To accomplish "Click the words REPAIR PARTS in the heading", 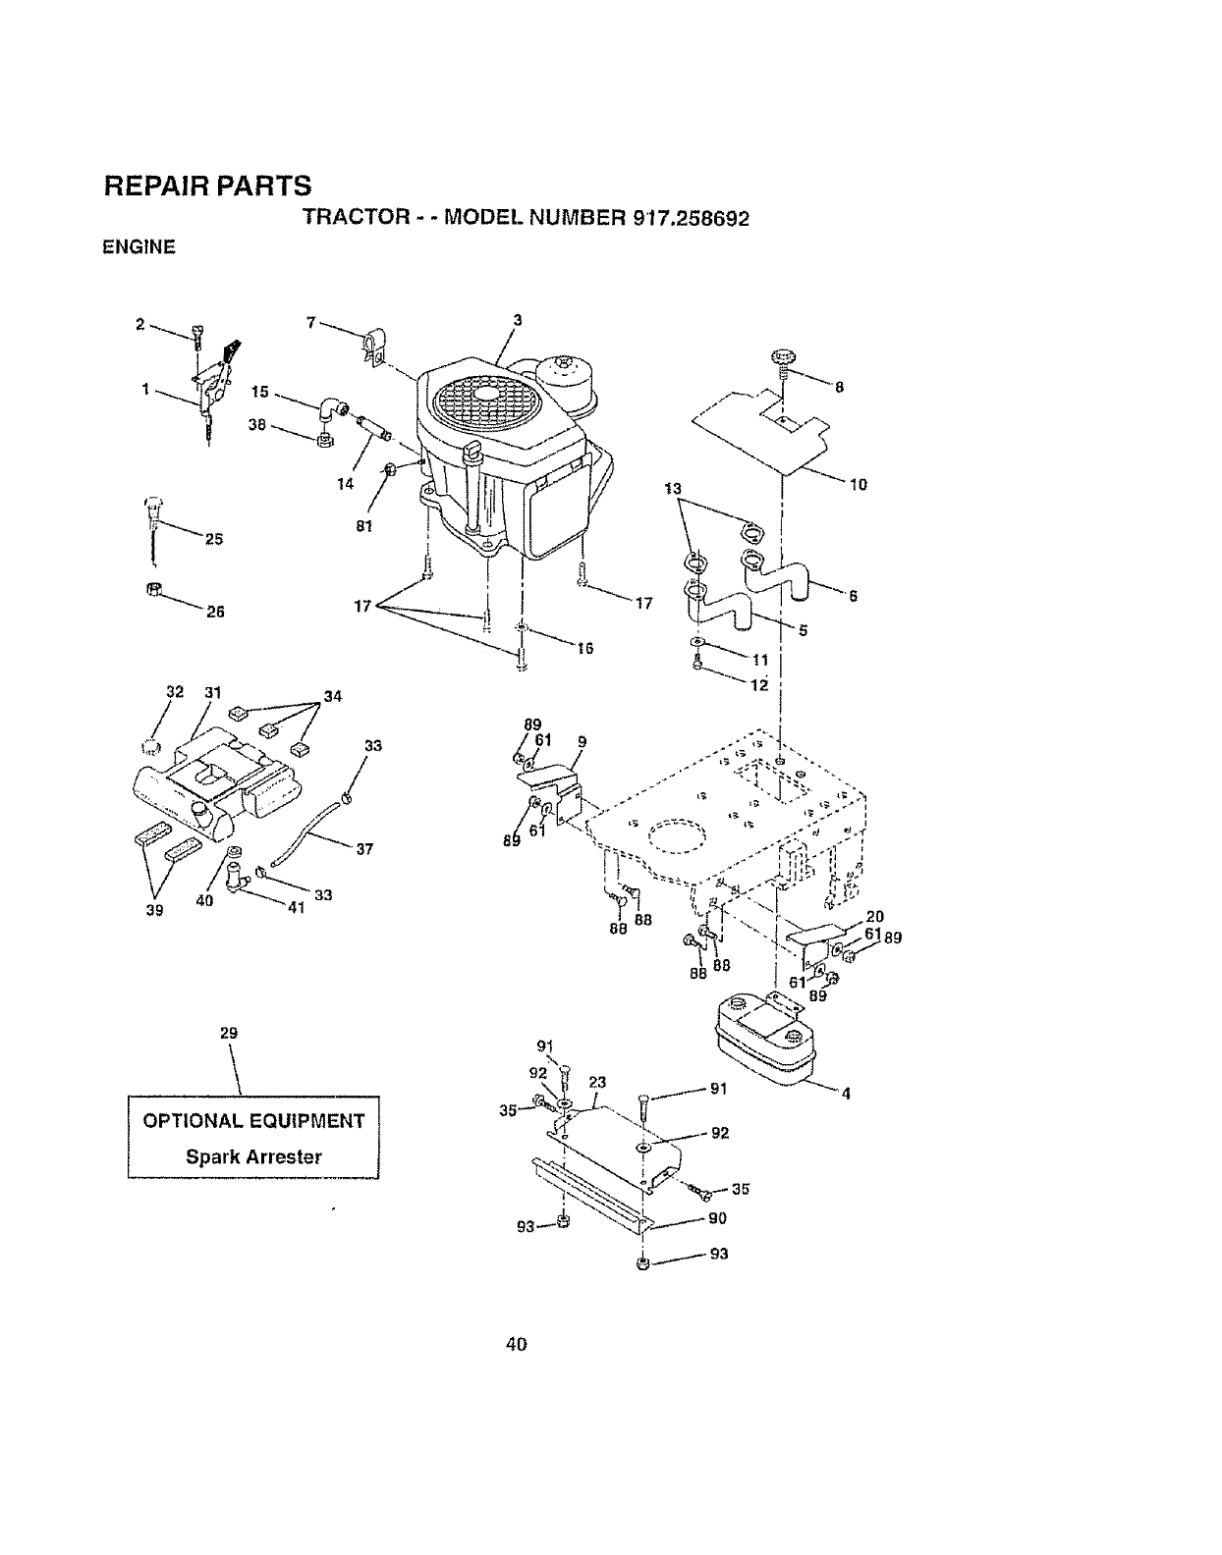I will [x=207, y=186].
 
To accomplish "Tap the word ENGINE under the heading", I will [x=139, y=248].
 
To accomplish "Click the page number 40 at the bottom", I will [x=517, y=1344].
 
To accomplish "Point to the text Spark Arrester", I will [x=253, y=1156].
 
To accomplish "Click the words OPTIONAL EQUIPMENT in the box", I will [x=253, y=1121].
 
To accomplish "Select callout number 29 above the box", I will [x=229, y=1033].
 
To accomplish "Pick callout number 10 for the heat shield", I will [x=859, y=484].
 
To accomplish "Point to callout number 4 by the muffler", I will [x=845, y=1097].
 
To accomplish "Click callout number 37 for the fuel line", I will [x=364, y=849].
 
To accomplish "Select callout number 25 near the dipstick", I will [x=214, y=538].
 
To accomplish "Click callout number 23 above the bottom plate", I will [x=597, y=1082].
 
